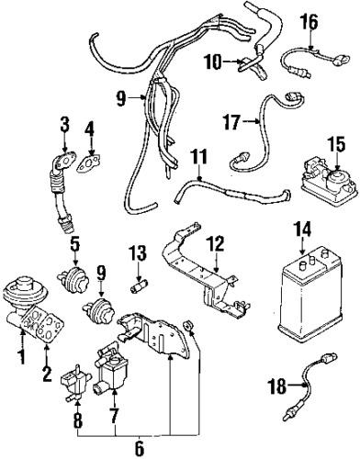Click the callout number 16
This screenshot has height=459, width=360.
pyautogui.click(x=309, y=19)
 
